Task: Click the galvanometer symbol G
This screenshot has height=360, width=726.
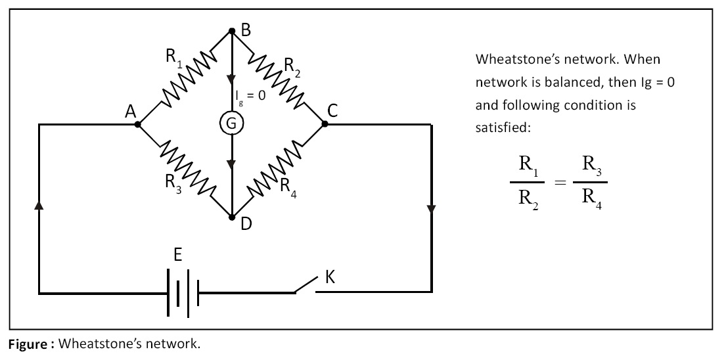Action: (231, 124)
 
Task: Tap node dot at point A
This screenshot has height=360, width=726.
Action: (138, 124)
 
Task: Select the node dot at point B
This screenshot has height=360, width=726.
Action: (231, 31)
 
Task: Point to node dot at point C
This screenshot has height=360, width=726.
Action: (325, 124)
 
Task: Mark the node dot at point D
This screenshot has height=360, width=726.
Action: (231, 217)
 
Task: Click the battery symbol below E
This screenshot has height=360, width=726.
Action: (183, 292)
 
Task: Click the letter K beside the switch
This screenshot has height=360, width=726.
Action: (330, 277)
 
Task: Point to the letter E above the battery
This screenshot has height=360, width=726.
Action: (178, 255)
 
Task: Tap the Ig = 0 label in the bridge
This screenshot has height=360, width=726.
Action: (251, 95)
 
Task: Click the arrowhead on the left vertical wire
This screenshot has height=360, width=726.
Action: (39, 205)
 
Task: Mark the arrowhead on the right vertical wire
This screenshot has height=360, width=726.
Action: (431, 210)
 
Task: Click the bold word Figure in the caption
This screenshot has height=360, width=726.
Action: (29, 344)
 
